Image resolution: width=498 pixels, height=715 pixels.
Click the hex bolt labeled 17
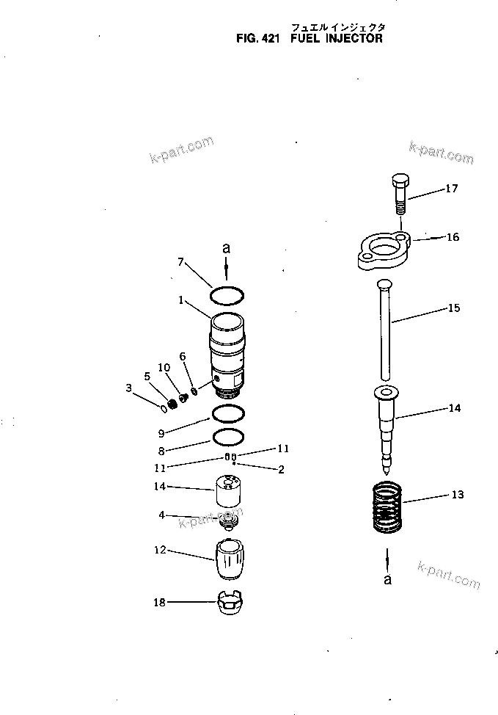(x=400, y=192)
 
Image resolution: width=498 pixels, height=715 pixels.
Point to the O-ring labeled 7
(x=227, y=296)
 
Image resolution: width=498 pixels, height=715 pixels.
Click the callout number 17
(x=451, y=189)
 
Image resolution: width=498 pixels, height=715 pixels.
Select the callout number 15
(x=454, y=308)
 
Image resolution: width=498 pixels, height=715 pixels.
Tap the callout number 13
(x=457, y=495)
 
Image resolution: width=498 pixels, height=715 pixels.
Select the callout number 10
(x=164, y=367)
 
